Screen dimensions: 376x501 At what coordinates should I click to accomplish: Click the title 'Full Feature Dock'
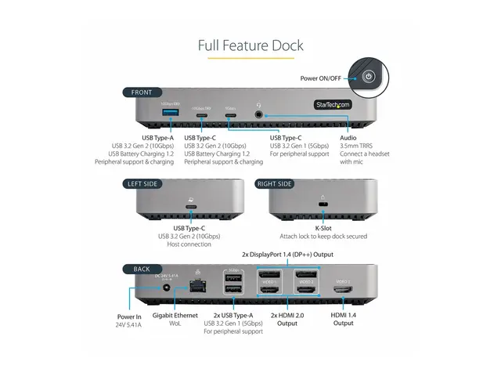pyautogui.click(x=250, y=45)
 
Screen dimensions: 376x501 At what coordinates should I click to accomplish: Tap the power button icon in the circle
pyautogui.click(x=369, y=77)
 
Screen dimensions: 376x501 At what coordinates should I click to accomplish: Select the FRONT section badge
pyautogui.click(x=142, y=92)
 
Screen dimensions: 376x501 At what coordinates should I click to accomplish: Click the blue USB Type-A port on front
pyautogui.click(x=170, y=114)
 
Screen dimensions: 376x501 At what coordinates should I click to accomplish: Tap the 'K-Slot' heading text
pyautogui.click(x=323, y=227)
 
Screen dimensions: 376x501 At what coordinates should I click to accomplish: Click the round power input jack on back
pyautogui.click(x=165, y=289)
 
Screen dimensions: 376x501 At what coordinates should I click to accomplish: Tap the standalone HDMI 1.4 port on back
pyautogui.click(x=343, y=291)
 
